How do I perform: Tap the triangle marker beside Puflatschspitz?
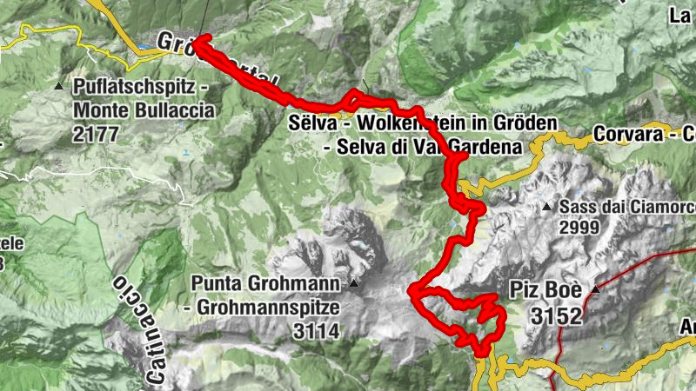pyautogui.click(x=58, y=86)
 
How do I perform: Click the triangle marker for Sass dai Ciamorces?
pyautogui.click(x=546, y=207)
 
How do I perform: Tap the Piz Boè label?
pyautogui.click(x=545, y=291)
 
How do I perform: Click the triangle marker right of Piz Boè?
pyautogui.click(x=596, y=289)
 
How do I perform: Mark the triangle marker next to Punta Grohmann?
pyautogui.click(x=354, y=283)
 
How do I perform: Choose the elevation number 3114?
pyautogui.click(x=318, y=330)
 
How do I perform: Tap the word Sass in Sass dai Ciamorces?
pyautogui.click(x=578, y=207)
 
